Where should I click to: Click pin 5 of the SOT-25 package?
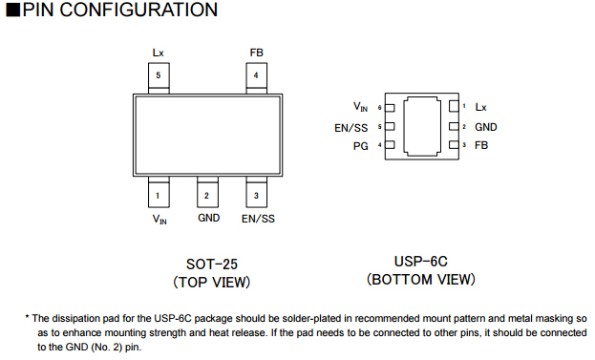tap(159, 78)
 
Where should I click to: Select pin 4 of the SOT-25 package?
tap(257, 78)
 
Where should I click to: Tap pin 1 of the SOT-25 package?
tap(159, 192)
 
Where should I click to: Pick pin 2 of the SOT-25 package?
tap(207, 192)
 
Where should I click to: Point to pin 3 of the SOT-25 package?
tap(257, 192)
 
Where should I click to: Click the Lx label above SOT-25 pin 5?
tap(158, 53)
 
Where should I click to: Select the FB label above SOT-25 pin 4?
tap(257, 53)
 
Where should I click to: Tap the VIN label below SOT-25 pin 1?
tap(159, 220)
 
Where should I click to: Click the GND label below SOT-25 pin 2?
tap(209, 218)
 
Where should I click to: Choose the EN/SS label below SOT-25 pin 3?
tap(258, 219)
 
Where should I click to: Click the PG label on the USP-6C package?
tap(360, 146)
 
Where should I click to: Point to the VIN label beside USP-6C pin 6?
tap(360, 107)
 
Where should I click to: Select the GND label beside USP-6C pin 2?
tap(486, 127)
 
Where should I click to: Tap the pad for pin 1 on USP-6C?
tap(454, 107)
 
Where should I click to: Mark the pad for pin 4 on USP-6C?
tap(390, 145)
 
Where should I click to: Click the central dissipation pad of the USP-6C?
tap(422, 126)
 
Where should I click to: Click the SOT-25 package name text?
tap(212, 264)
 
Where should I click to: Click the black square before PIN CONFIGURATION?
tap(13, 10)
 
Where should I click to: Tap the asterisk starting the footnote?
tap(28, 317)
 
